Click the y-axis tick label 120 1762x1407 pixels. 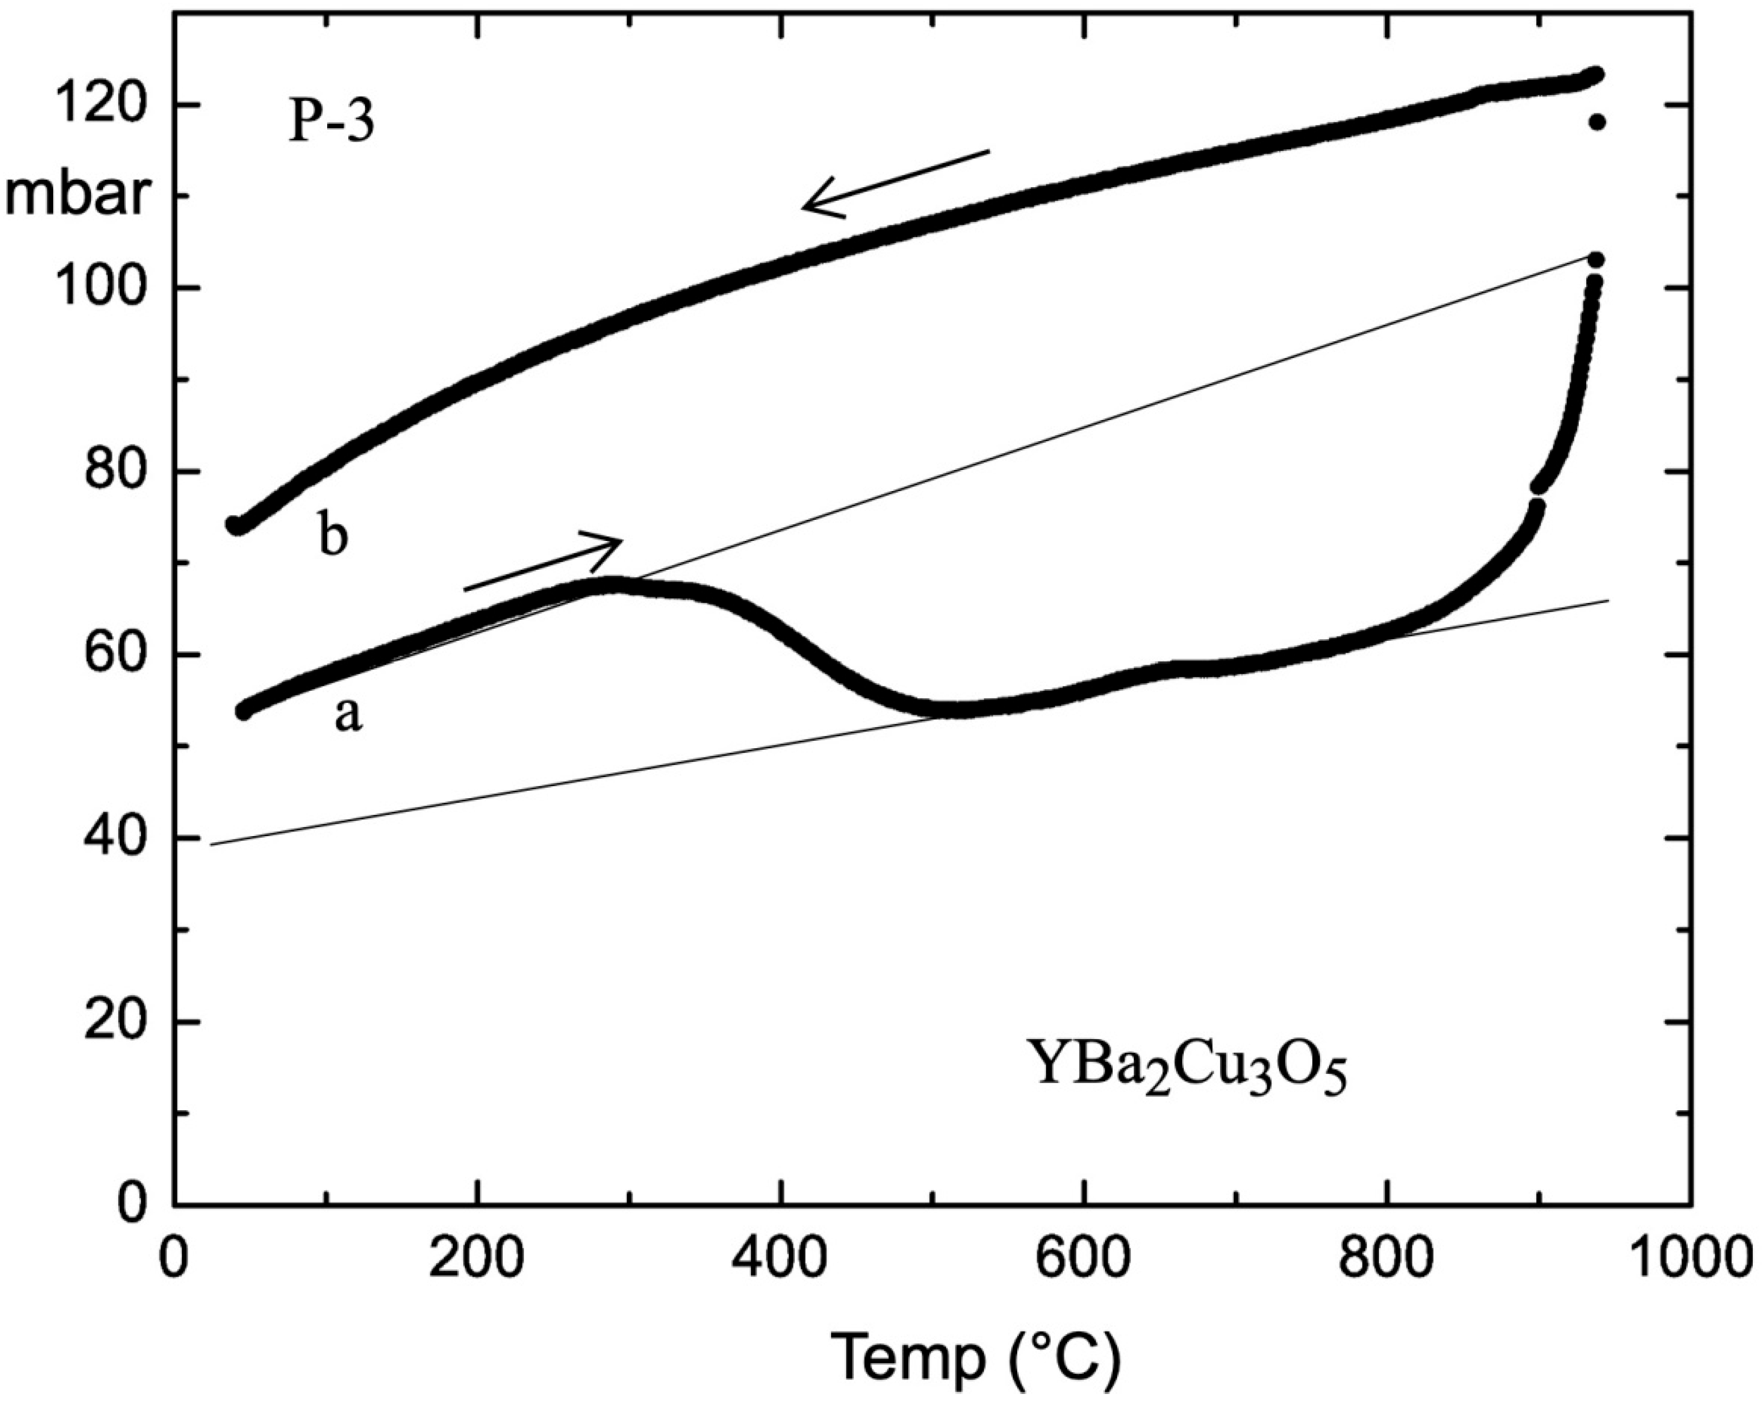point(100,105)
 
